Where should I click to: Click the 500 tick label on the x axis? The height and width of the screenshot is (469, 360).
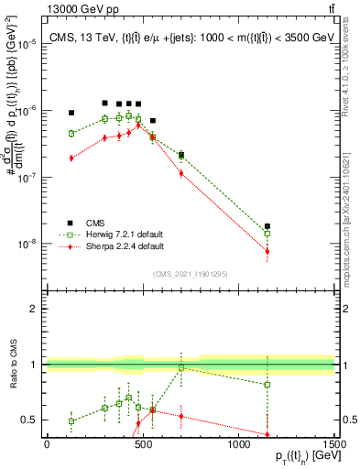(142, 443)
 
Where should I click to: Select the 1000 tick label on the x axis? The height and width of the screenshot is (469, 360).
(238, 443)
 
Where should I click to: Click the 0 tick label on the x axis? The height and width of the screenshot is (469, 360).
(47, 443)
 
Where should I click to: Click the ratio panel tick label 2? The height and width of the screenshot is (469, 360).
(35, 309)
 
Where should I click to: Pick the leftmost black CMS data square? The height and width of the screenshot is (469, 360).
(71, 113)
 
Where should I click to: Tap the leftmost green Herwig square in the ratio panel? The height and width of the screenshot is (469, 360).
(71, 421)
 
